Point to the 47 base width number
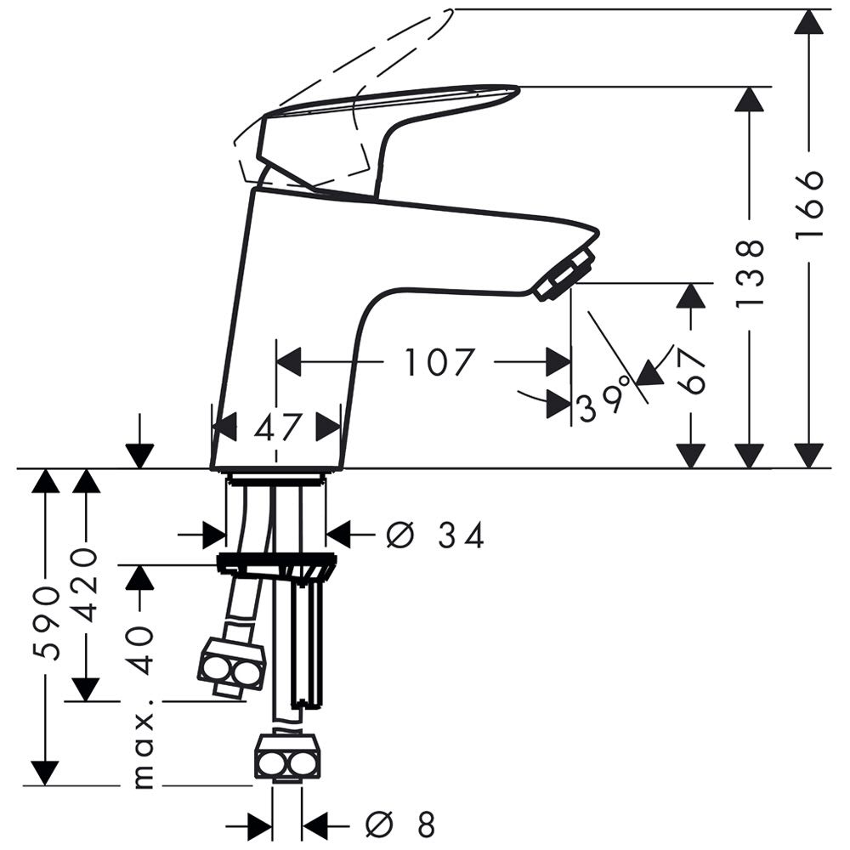click(x=276, y=427)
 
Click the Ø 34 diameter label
click(x=434, y=535)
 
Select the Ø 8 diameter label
click(x=400, y=825)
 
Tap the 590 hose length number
click(x=46, y=623)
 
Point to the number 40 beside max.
click(x=140, y=649)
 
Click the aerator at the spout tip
click(x=564, y=275)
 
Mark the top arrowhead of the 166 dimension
click(x=809, y=22)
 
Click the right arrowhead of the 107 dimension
click(x=558, y=361)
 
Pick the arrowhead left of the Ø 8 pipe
click(x=259, y=826)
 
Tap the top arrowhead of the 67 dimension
click(x=691, y=296)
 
